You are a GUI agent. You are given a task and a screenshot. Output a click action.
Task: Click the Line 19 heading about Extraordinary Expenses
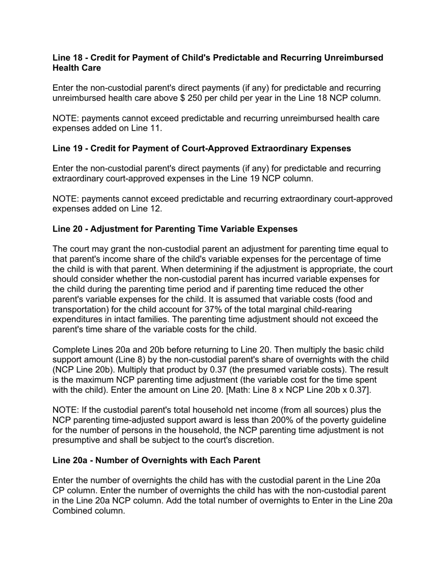[x=201, y=148]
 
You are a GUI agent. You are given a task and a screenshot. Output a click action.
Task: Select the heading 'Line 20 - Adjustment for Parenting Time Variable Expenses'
[x=175, y=229]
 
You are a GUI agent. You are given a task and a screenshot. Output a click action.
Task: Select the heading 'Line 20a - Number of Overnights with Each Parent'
[x=156, y=460]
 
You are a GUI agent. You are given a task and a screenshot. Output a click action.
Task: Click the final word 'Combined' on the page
[x=71, y=511]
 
